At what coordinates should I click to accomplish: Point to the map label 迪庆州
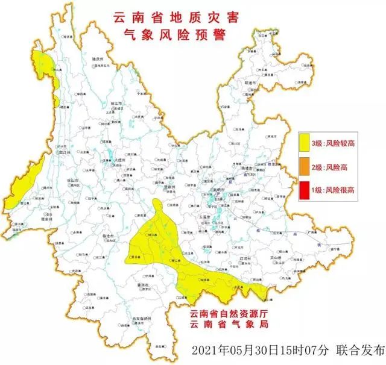(x=98, y=59)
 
